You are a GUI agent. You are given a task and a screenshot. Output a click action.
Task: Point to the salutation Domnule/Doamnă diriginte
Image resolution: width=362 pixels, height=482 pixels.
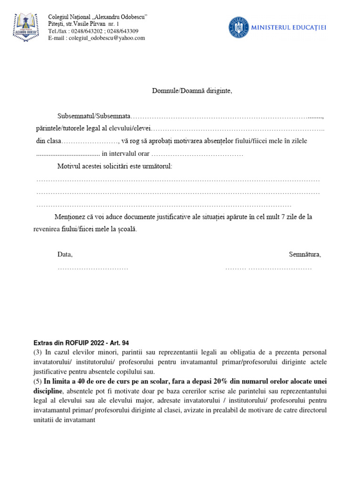pyautogui.click(x=192, y=90)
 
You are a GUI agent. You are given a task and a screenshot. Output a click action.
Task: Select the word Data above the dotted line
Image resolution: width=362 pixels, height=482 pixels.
pyautogui.click(x=65, y=254)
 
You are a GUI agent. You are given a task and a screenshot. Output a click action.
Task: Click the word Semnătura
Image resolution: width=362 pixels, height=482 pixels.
pyautogui.click(x=304, y=254)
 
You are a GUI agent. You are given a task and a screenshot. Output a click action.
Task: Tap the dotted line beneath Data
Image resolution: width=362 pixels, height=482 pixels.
pyautogui.click(x=93, y=268)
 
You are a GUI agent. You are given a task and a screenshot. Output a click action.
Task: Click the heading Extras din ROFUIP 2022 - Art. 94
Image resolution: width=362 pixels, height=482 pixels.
pyautogui.click(x=81, y=343)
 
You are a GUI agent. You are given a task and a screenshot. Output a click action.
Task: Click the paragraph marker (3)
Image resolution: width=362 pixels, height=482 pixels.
pyautogui.click(x=38, y=353)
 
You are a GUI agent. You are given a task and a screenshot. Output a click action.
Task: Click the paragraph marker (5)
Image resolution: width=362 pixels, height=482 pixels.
pyautogui.click(x=38, y=381)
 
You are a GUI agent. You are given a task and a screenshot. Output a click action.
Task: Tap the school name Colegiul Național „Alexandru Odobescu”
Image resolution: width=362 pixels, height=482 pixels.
pyautogui.click(x=98, y=17)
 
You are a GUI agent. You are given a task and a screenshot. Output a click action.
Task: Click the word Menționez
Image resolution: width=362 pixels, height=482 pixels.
pyautogui.click(x=71, y=217)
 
